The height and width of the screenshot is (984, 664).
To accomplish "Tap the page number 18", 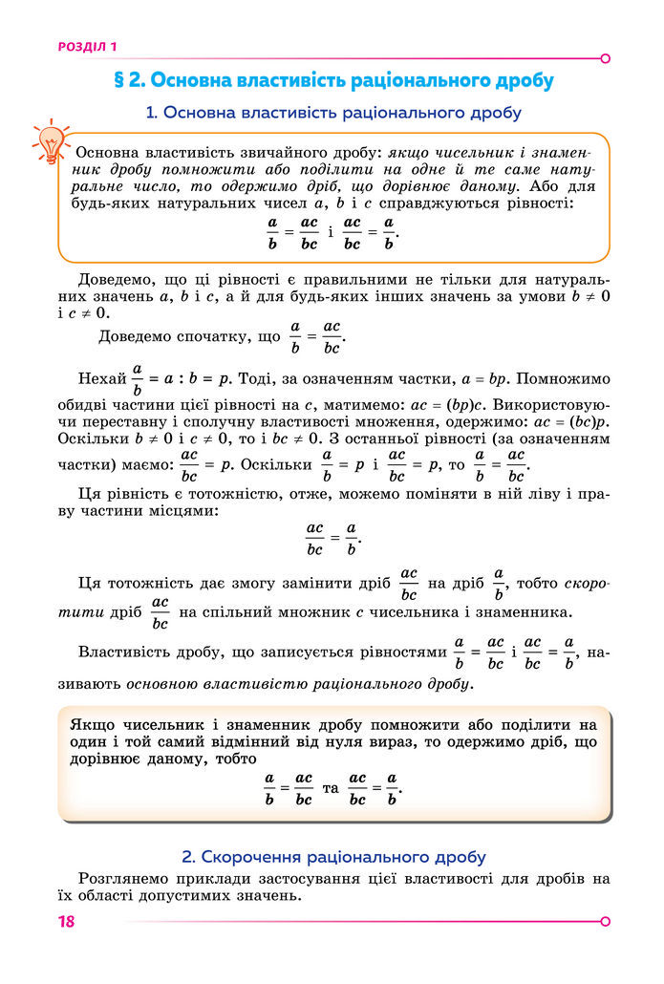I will [x=66, y=921].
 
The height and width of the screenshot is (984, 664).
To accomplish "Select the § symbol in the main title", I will [x=120, y=79].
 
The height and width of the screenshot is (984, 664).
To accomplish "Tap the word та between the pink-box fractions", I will [x=332, y=787].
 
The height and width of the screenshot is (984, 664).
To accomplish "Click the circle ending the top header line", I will [x=605, y=58].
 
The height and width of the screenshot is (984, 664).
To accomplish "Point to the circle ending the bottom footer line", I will [x=605, y=921].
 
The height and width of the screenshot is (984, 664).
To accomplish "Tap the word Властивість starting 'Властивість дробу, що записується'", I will [x=128, y=652].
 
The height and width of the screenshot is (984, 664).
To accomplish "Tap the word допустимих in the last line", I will [x=200, y=896].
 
